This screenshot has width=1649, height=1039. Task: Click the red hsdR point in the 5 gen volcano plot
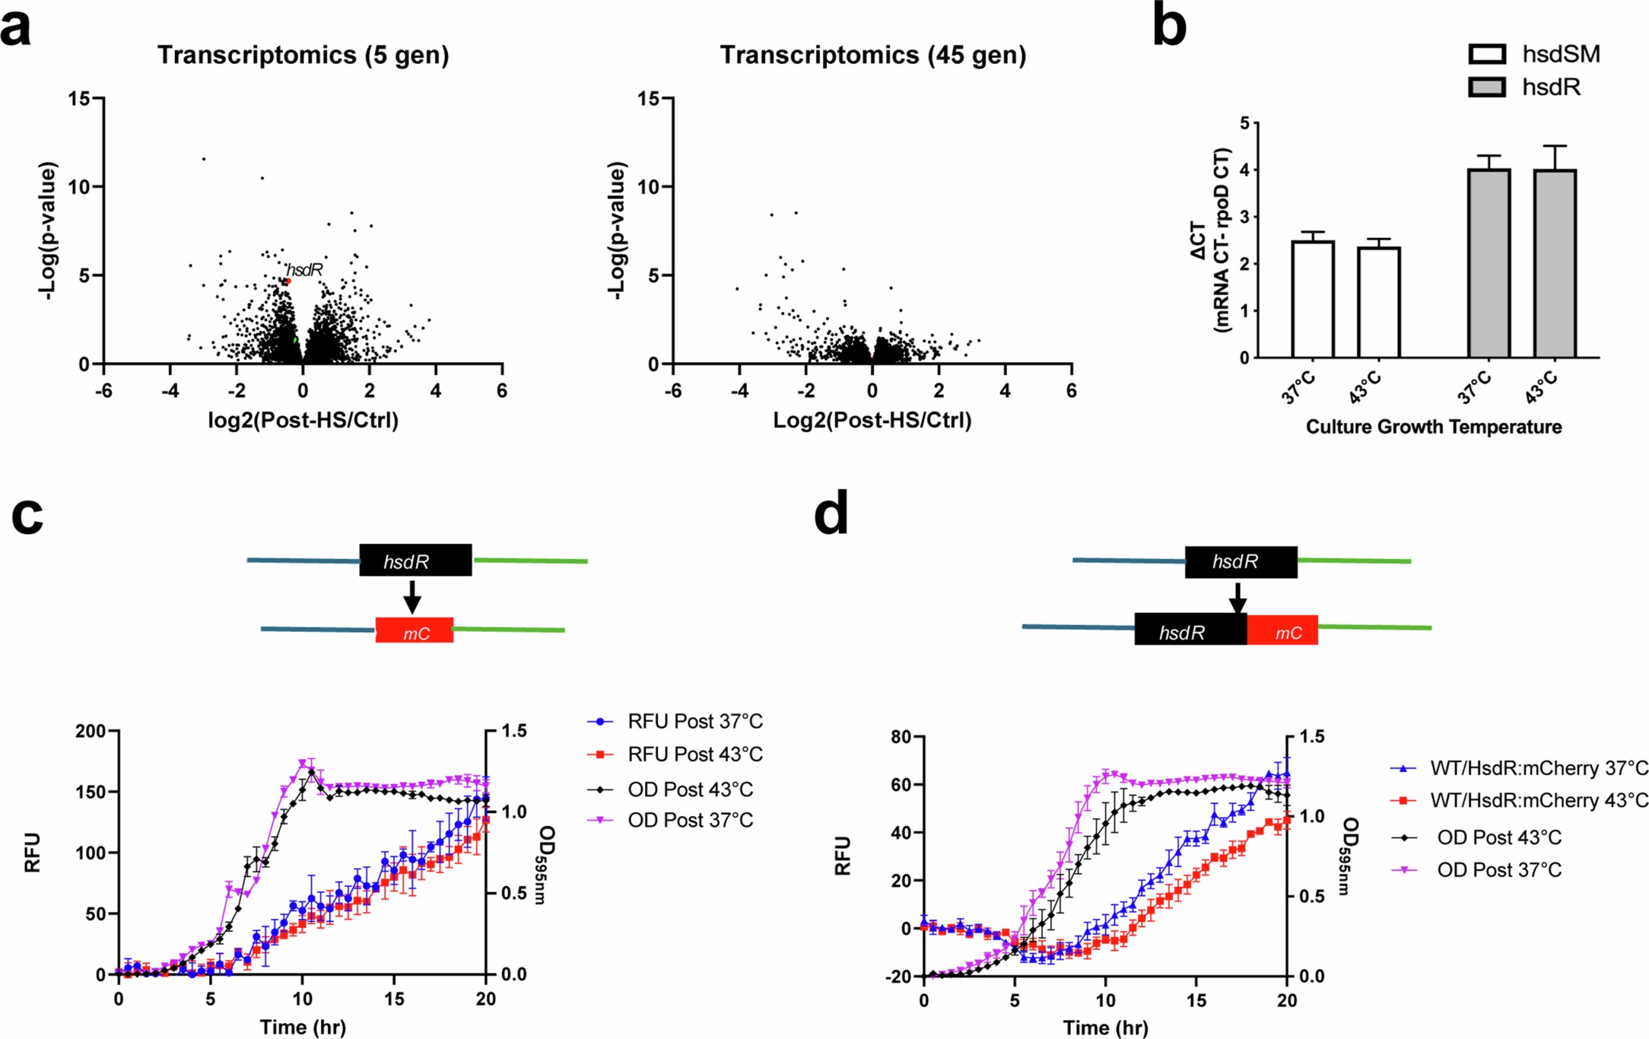click(x=288, y=281)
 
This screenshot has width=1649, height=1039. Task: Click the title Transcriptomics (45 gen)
click(x=872, y=56)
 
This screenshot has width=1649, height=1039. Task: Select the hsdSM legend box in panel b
click(x=1486, y=54)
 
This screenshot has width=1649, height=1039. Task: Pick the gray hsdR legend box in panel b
click(x=1486, y=87)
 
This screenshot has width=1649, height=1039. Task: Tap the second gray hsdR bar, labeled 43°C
click(x=1555, y=264)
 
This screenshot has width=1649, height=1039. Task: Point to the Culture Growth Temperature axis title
click(x=1433, y=427)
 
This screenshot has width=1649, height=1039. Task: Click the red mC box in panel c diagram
click(x=415, y=631)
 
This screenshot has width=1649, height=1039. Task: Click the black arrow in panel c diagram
click(x=411, y=596)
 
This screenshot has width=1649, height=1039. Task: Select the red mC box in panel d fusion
click(x=1282, y=631)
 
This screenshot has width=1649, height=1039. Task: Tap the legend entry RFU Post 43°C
click(x=694, y=754)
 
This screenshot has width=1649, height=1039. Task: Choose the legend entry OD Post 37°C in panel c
click(x=690, y=820)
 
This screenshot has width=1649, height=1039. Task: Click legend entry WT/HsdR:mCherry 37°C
click(x=1539, y=767)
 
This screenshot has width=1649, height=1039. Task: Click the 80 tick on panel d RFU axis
click(x=901, y=736)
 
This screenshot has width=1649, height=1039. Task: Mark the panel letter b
click(x=1169, y=26)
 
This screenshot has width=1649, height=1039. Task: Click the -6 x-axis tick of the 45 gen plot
click(x=672, y=391)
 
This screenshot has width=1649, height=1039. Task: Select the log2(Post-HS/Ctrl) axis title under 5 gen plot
click(x=303, y=421)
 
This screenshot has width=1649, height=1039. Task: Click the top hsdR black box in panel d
click(x=1241, y=562)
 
